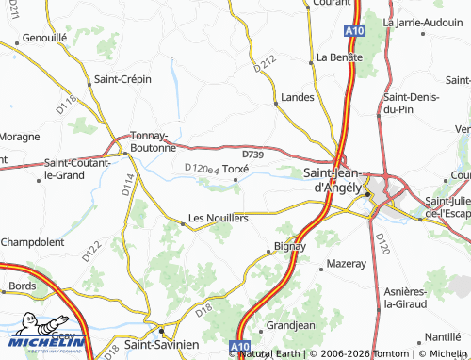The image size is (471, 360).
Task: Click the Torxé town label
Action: (235, 168)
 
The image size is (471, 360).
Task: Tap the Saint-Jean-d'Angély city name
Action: (333, 180)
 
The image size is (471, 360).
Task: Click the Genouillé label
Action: (44, 39)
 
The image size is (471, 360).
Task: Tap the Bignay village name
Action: (289, 246)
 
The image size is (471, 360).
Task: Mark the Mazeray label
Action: (345, 265)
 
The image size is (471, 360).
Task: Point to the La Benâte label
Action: (339, 57)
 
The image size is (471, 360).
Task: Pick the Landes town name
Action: (298, 97)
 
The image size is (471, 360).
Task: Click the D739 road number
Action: (252, 153)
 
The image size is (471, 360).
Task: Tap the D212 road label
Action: (266, 65)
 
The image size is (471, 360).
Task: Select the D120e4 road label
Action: (202, 170)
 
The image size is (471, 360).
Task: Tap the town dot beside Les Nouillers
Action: (183, 223)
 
